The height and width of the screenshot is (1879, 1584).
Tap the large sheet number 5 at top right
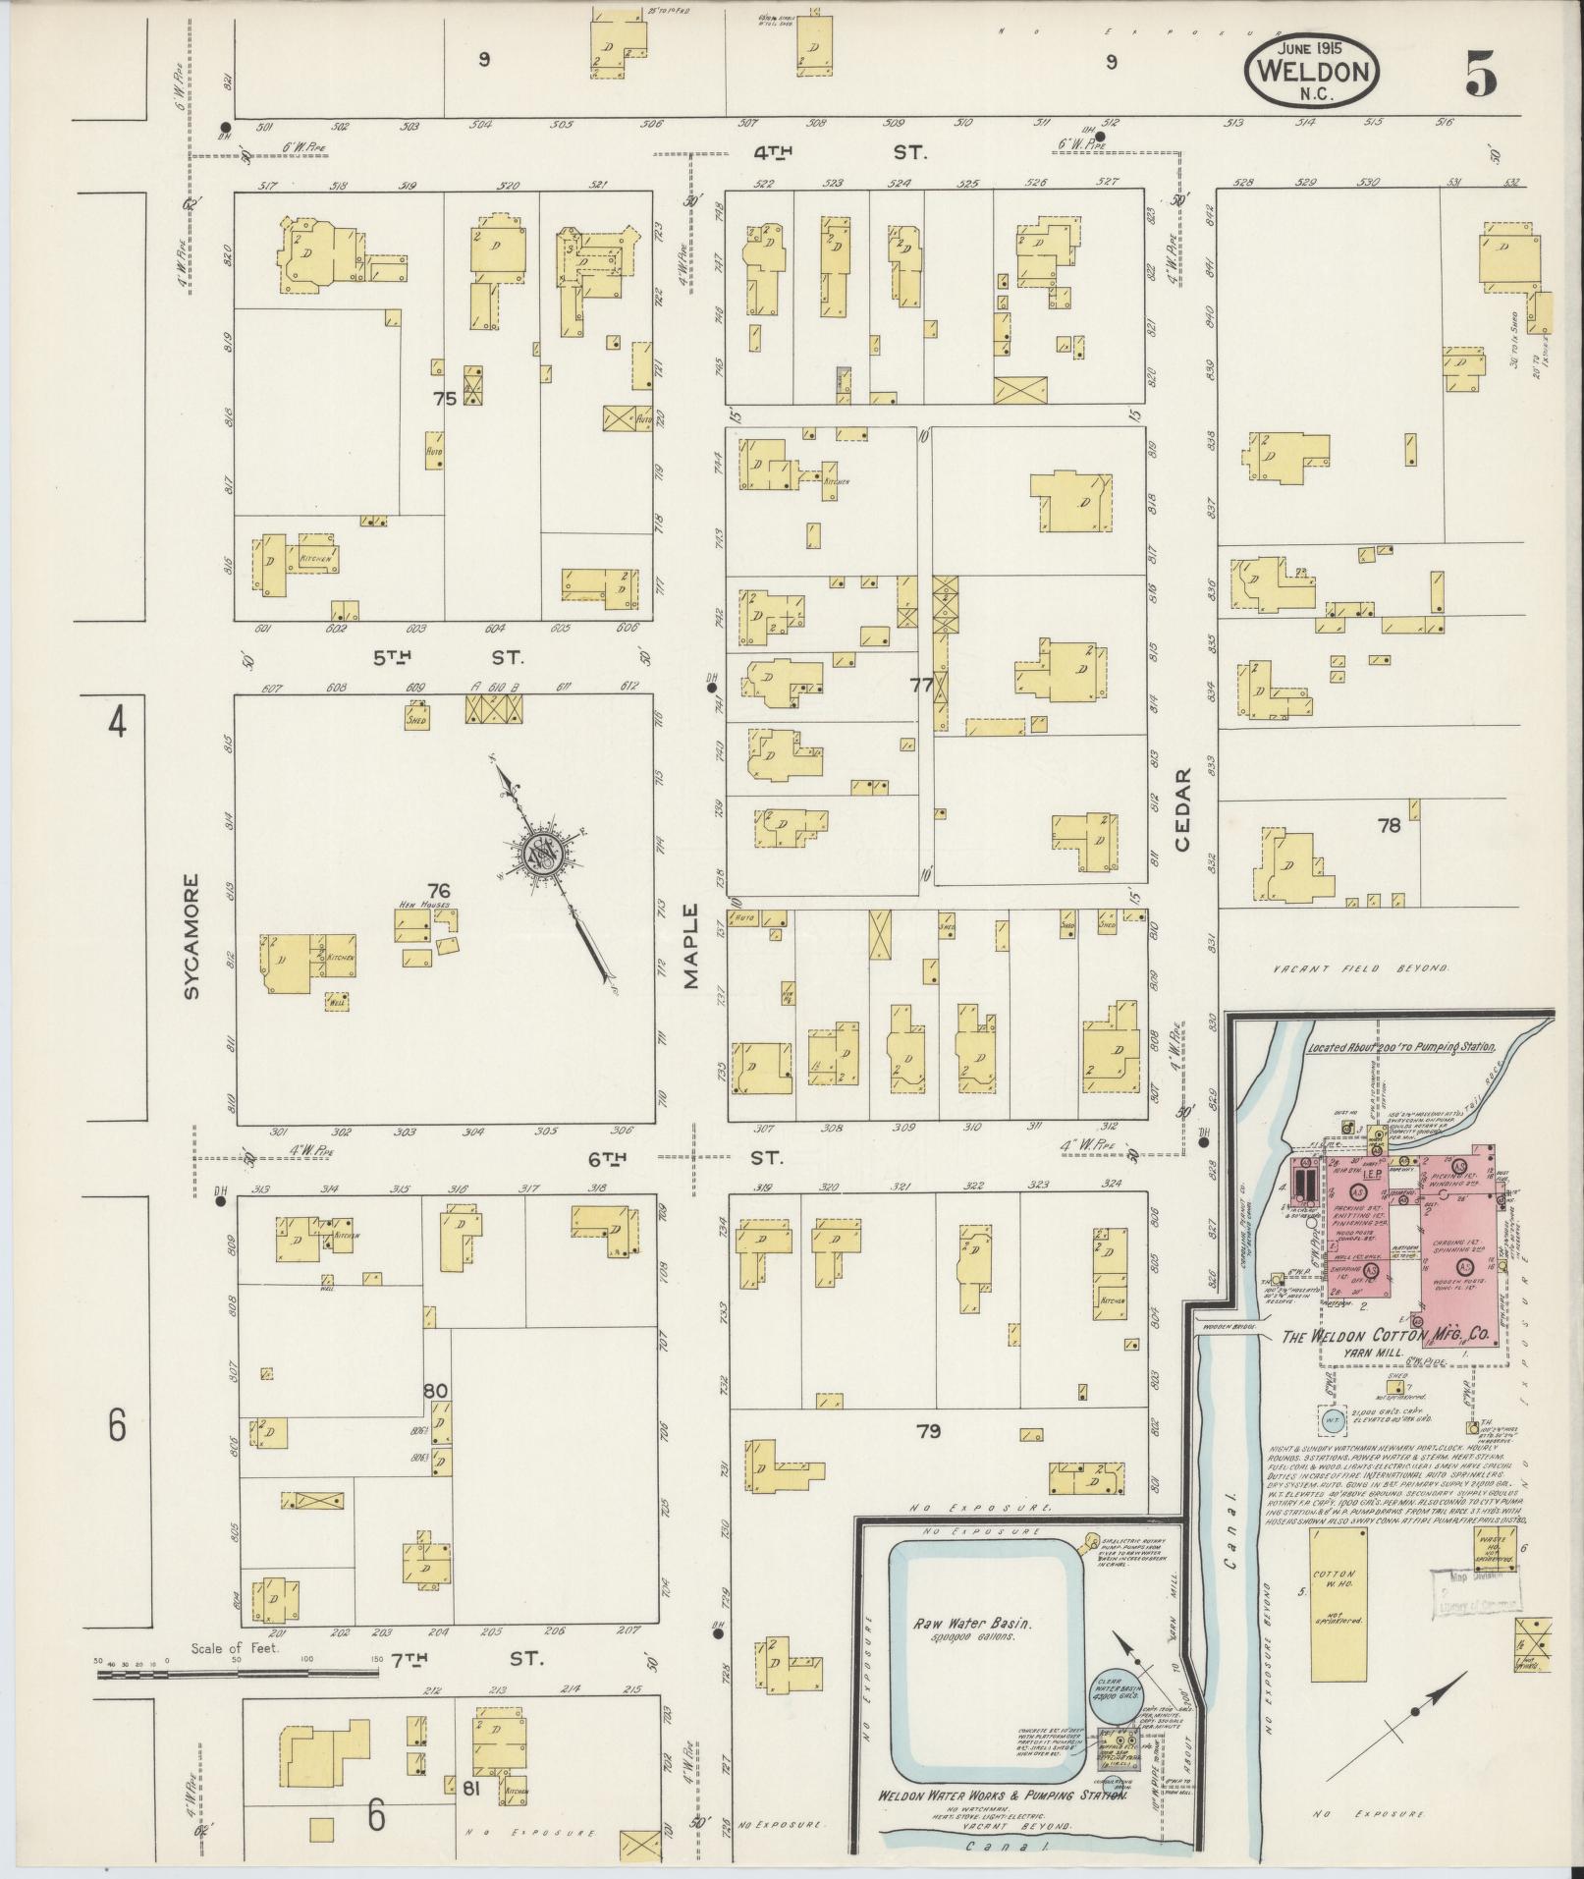click(x=1481, y=75)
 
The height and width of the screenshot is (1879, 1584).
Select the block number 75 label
click(x=445, y=399)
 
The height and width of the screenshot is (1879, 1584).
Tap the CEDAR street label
click(x=1182, y=808)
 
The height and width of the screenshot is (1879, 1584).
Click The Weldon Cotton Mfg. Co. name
click(x=1388, y=1336)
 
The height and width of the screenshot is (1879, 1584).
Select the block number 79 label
click(x=928, y=1431)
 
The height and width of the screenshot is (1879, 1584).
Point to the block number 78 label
click(x=1389, y=826)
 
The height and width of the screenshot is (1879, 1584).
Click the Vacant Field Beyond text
click(x=1361, y=967)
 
